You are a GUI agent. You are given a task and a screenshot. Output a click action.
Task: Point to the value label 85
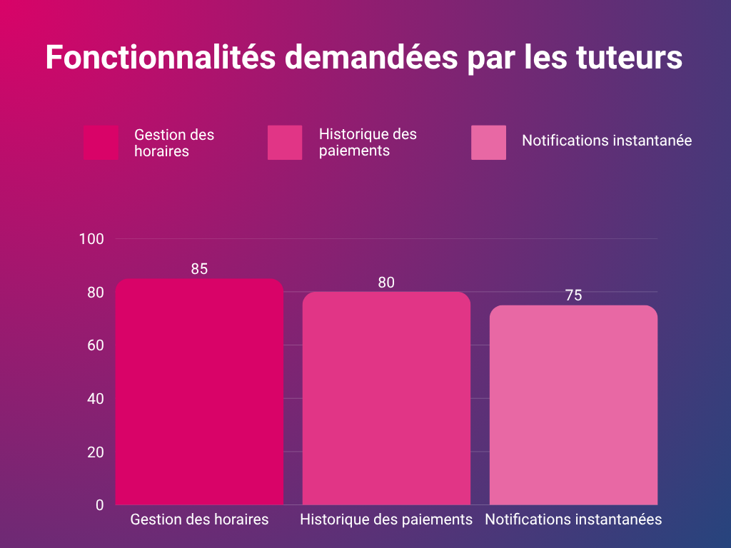199,269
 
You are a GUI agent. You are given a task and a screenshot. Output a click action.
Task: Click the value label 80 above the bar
386,283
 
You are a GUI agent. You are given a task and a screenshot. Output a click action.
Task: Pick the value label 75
573,295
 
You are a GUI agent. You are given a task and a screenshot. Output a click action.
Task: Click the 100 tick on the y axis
91,239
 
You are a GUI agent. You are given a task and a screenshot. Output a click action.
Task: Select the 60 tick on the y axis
95,345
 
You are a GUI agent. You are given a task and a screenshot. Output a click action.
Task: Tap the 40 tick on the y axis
95,399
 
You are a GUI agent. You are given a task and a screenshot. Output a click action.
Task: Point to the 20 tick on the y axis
95,452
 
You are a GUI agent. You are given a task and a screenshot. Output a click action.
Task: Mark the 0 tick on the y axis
99,505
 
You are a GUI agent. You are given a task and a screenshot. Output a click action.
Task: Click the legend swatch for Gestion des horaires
101,143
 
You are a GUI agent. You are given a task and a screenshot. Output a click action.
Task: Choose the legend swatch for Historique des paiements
284,143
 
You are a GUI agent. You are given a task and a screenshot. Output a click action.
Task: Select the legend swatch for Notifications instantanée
488,143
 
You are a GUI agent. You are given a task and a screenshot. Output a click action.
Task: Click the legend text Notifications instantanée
607,141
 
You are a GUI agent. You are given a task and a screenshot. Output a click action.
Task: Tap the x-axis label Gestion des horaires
199,519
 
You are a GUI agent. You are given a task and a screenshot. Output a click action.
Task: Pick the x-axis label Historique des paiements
386,519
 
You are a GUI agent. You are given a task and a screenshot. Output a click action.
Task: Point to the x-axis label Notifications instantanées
573,519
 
